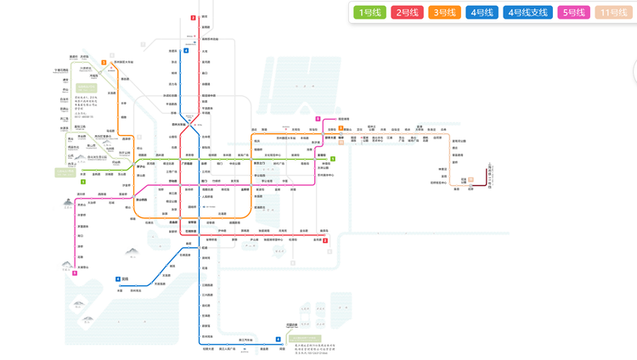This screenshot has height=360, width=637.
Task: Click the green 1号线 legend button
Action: [370, 13]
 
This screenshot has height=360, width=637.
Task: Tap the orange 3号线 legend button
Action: [445, 13]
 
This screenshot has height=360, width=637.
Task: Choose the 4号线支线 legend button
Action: [527, 13]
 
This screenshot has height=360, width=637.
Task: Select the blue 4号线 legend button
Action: [482, 13]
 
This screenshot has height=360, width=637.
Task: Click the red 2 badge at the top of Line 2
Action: [193, 17]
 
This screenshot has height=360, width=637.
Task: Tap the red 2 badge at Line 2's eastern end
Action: [325, 240]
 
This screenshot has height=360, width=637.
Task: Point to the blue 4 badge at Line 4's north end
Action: [185, 51]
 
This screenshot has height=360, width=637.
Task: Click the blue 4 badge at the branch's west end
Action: [116, 278]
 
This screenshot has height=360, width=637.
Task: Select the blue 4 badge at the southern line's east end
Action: [278, 340]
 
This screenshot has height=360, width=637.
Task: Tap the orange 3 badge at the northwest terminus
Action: [104, 62]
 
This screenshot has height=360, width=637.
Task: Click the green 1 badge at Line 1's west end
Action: [82, 181]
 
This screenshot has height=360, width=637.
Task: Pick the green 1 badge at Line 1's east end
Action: [334, 159]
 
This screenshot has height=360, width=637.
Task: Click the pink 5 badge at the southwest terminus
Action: [75, 273]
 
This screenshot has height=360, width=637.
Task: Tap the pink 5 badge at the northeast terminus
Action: [317, 119]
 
